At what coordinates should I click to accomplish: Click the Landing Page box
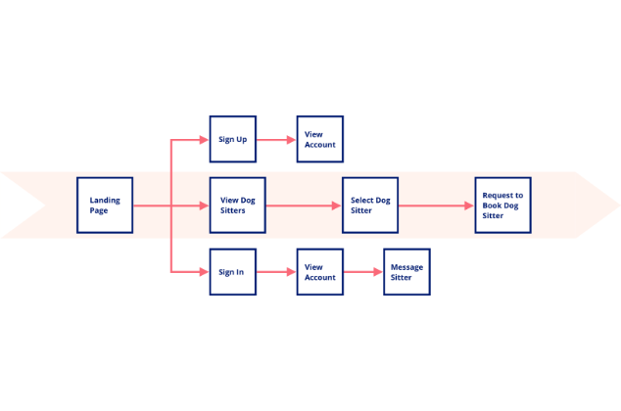tap(105, 205)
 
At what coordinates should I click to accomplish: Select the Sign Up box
tap(233, 139)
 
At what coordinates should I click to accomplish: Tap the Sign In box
tap(233, 272)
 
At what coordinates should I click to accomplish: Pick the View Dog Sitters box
tap(238, 205)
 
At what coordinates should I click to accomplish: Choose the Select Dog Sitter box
tap(370, 205)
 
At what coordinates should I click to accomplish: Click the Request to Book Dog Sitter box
tap(503, 205)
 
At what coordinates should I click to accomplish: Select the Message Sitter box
tap(406, 272)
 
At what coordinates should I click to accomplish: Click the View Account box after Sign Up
tap(320, 139)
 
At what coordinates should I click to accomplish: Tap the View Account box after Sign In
tap(320, 272)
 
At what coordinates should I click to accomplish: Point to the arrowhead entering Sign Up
tap(204, 140)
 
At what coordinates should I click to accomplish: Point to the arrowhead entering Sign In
tap(204, 272)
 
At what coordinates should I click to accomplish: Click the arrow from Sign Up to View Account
tap(276, 140)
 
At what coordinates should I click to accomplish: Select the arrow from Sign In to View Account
tap(276, 272)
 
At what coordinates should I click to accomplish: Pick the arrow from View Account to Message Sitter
tap(362, 272)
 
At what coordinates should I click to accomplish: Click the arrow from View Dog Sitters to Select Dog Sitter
tap(304, 205)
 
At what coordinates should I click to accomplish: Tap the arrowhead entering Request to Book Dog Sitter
tap(469, 205)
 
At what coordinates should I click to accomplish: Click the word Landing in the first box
tap(105, 201)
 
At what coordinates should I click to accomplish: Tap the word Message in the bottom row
tap(406, 267)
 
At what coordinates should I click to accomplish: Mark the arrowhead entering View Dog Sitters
tap(204, 205)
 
